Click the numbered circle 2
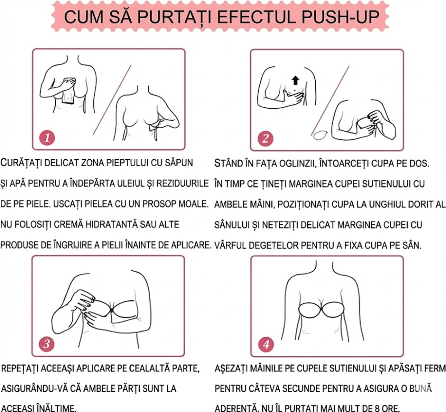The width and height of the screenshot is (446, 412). click(x=265, y=138)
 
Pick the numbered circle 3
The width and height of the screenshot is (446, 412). click(x=47, y=344)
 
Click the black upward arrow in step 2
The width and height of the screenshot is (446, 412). click(x=295, y=80)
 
